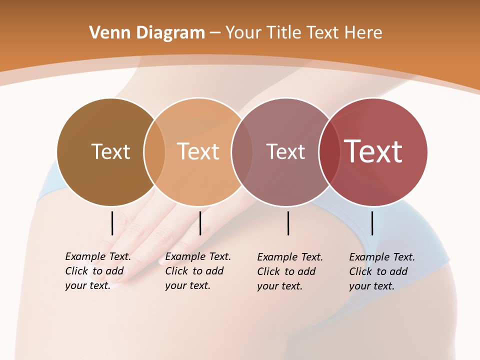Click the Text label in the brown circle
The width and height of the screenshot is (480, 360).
click(110, 151)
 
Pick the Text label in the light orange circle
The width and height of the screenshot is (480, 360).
click(198, 151)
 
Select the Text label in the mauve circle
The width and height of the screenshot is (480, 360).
click(285, 151)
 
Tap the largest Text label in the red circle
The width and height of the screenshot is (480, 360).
click(373, 151)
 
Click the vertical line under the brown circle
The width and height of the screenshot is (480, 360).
click(112, 223)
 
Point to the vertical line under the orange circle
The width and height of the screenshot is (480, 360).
click(200, 223)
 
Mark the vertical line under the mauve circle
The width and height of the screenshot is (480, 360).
click(288, 223)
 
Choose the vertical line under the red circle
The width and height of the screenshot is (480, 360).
click(372, 223)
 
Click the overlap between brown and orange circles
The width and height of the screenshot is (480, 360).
click(154, 151)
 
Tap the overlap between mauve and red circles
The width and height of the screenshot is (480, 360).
click(328, 151)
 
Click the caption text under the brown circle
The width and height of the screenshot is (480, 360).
click(97, 271)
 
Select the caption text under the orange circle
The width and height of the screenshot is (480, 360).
click(197, 271)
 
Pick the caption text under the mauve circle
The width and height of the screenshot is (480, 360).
click(289, 271)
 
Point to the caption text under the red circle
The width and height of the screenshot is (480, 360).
click(381, 271)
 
